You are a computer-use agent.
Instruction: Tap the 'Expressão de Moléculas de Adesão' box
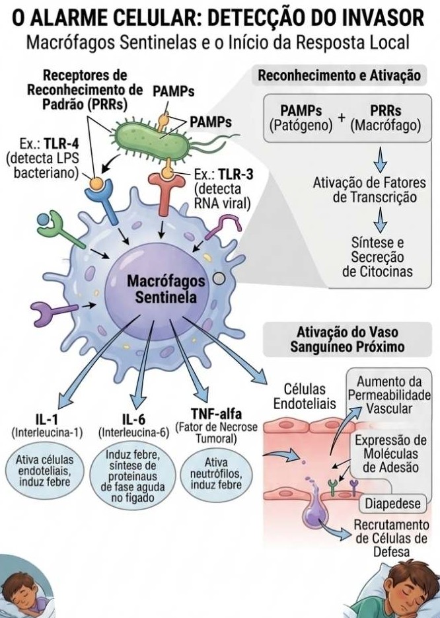[x=390, y=454]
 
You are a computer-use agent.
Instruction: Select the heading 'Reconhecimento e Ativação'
[x=339, y=76]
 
